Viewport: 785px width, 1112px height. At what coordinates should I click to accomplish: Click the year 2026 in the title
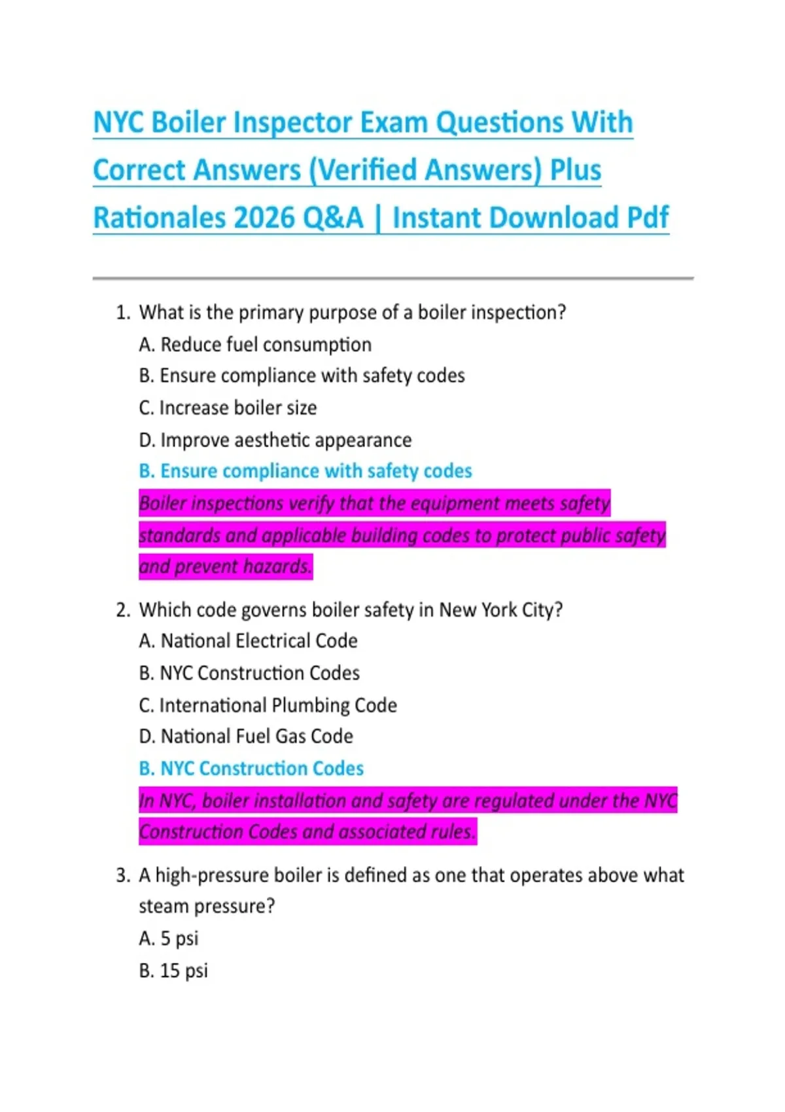click(x=264, y=218)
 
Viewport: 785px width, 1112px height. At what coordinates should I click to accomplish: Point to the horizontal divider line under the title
click(x=392, y=278)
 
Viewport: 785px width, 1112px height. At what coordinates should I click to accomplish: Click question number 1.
click(x=123, y=313)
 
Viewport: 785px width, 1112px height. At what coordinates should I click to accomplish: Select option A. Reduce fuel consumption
click(x=255, y=345)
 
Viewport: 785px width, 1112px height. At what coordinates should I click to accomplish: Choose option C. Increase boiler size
click(x=228, y=408)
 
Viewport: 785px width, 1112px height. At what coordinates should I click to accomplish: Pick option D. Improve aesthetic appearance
click(x=275, y=440)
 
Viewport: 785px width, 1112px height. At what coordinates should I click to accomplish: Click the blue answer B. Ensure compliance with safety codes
click(x=305, y=471)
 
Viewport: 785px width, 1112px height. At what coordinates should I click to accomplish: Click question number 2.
click(x=123, y=610)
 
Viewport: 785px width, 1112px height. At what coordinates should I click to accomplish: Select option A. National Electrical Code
click(x=248, y=641)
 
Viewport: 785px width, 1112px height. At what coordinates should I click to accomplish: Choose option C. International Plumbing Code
click(x=268, y=705)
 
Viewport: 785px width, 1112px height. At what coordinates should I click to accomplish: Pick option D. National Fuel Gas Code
click(x=246, y=737)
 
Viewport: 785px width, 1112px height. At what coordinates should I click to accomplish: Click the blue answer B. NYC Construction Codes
click(x=251, y=769)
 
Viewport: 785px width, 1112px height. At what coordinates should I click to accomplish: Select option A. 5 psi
click(x=169, y=939)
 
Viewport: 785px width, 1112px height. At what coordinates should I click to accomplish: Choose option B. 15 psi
click(x=173, y=971)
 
